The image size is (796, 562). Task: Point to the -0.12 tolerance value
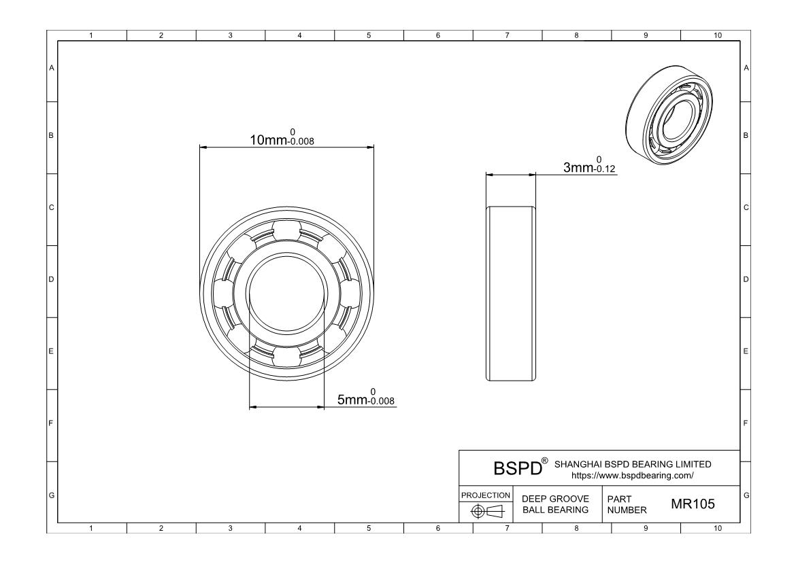coord(606,170)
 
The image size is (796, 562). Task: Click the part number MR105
coord(693,504)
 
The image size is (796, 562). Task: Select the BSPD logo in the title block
coord(516,468)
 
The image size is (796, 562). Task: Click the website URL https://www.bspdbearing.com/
coord(633,476)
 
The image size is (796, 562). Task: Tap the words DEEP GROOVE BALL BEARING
coord(554,504)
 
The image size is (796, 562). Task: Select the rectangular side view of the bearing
coord(510,293)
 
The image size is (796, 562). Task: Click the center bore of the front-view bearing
coord(286,294)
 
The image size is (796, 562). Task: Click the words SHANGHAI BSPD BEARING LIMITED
coord(633,464)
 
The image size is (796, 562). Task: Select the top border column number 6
coord(437,35)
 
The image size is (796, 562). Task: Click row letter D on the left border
coord(51,279)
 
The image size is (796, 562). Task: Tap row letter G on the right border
coord(746,494)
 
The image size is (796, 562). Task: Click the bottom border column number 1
coord(92,527)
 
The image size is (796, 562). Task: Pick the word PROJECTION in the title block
coord(486,495)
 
